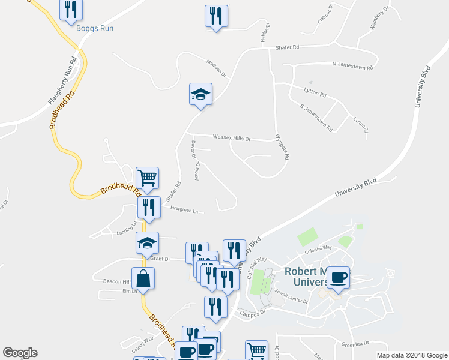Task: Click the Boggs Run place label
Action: (x=95, y=28)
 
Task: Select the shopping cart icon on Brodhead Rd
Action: (x=148, y=178)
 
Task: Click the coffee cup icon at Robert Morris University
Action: (x=338, y=277)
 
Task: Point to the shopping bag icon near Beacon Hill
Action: (x=143, y=278)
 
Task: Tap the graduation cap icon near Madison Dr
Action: (x=201, y=94)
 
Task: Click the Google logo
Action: (x=20, y=353)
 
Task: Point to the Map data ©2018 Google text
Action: (x=411, y=355)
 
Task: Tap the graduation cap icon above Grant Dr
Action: (x=148, y=243)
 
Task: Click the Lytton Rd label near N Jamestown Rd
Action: (x=315, y=95)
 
